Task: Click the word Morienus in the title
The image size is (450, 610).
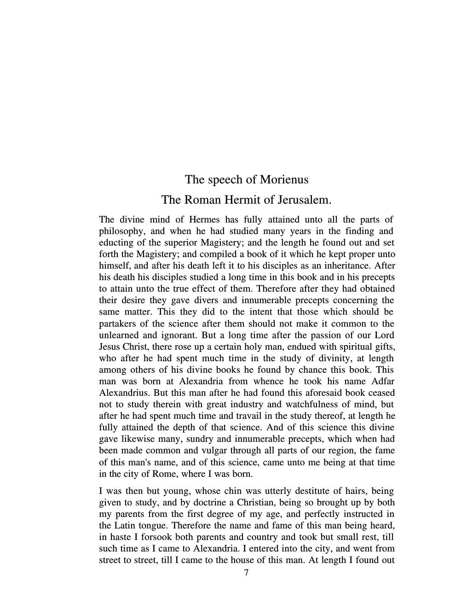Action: pos(284,179)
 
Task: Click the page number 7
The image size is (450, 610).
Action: pos(247,572)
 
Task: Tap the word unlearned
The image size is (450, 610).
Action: pos(119,335)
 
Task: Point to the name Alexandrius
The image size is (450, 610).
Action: pos(124,393)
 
